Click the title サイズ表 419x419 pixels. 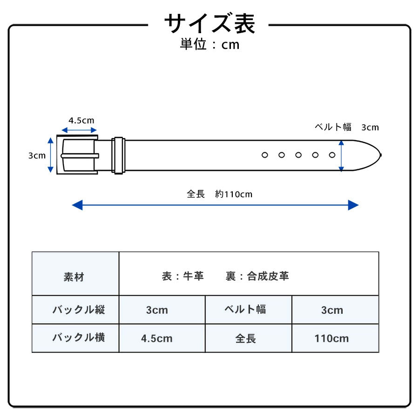209,23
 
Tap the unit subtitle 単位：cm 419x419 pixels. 209,45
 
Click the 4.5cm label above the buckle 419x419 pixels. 81,120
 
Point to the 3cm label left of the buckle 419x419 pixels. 37,155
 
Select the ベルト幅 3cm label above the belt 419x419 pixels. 347,127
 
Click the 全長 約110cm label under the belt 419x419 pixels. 219,194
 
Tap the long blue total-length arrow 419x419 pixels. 215,205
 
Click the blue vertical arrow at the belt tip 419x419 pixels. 341,155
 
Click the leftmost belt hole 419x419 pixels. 264,155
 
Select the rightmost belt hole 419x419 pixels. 332,155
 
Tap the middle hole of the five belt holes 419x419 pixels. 298,155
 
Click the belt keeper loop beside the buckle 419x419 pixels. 118,155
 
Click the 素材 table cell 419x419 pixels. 74,277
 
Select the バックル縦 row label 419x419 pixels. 78,310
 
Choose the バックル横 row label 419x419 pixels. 78,338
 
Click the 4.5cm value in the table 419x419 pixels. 157,338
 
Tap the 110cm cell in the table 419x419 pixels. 331,338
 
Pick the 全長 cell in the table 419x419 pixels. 245,338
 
